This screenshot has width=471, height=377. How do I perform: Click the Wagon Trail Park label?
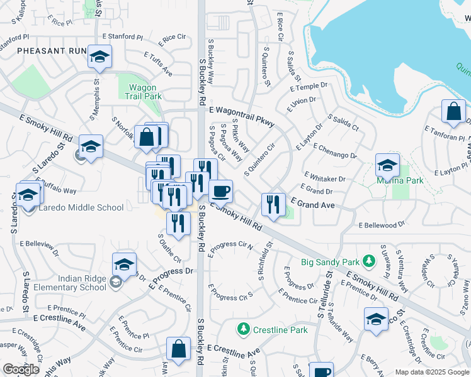pos(145,92)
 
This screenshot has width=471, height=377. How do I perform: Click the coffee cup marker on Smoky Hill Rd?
pos(220,190)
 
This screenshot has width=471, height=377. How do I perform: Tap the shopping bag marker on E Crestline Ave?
pos(178,349)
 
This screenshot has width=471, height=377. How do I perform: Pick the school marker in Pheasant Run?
pos(99,57)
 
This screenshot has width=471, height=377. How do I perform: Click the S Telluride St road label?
pos(328,296)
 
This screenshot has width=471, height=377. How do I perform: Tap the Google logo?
pos(21,369)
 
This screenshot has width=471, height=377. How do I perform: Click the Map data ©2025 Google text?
pos(432,372)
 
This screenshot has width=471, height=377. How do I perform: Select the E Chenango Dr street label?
pos(334,151)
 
